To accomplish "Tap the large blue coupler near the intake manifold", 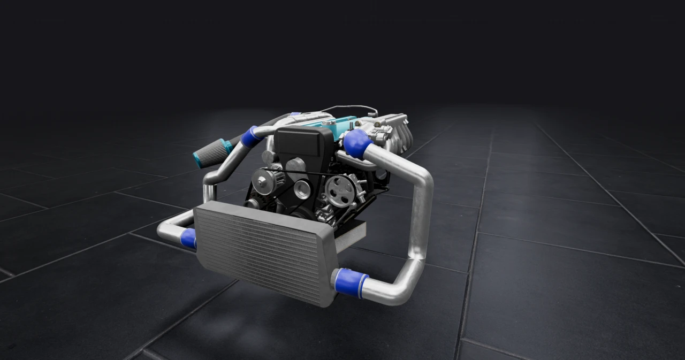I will (x=356, y=143).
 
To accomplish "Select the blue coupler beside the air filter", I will (x=250, y=136).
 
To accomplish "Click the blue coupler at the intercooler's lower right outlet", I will (x=351, y=283).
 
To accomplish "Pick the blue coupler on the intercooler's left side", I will (x=188, y=238).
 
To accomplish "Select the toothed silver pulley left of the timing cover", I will (x=265, y=181).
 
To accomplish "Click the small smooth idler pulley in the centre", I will (x=302, y=189).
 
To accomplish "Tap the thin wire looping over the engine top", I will (x=353, y=108).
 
